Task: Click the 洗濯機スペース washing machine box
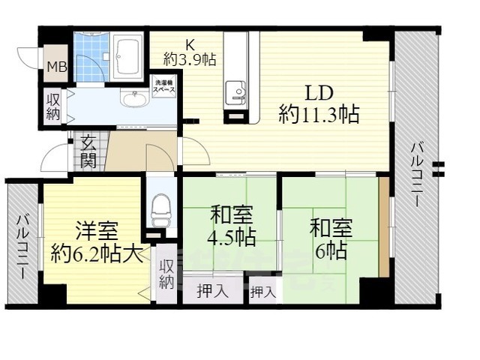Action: click(164, 85)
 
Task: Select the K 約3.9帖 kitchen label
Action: click(189, 52)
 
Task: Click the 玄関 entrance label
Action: click(88, 150)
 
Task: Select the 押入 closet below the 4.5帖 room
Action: click(213, 291)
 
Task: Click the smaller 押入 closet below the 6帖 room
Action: click(262, 291)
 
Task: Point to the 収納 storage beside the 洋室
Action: click(166, 273)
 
